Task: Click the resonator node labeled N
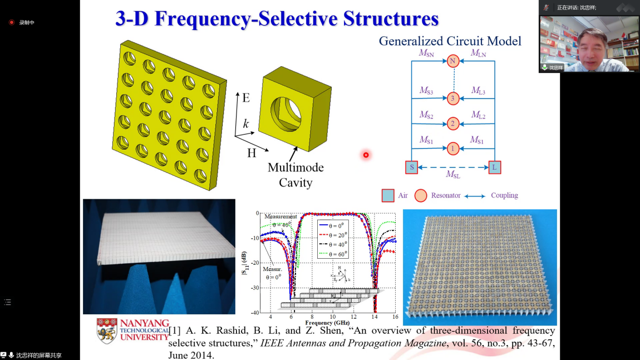point(453,61)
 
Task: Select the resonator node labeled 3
point(453,98)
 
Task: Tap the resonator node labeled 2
point(453,124)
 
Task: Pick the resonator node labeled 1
point(453,149)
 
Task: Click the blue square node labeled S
point(411,167)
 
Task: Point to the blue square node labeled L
point(495,167)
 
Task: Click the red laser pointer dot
point(366,155)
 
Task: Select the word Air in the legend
point(403,196)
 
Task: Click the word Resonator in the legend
point(446,196)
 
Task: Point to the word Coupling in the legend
point(504,196)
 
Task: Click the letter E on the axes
point(246,98)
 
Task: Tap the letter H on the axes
point(252,153)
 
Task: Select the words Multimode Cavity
point(296,175)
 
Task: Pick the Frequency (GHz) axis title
point(327,322)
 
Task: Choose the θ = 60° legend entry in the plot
point(333,253)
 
